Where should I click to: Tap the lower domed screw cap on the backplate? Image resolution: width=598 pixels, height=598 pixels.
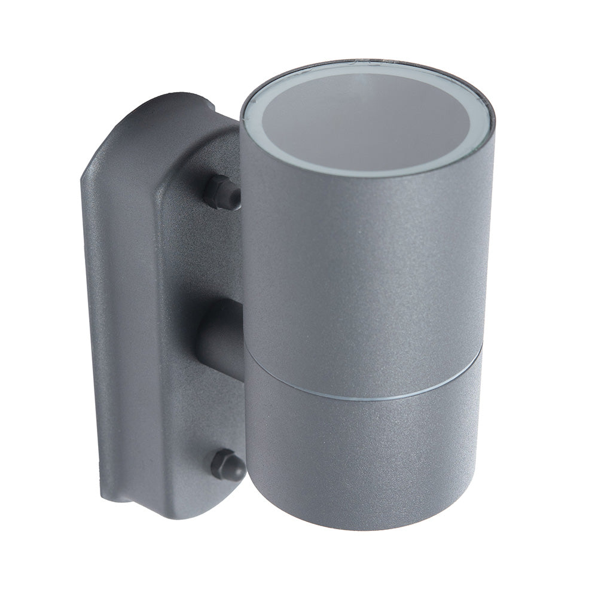227,465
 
